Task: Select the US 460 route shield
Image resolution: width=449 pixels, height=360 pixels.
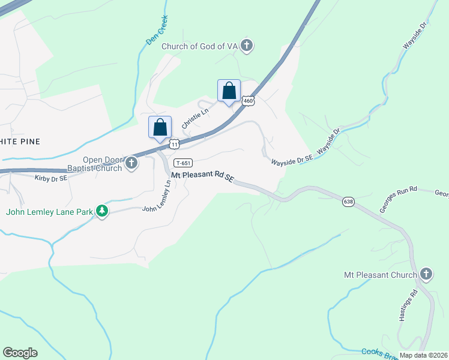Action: click(x=249, y=101)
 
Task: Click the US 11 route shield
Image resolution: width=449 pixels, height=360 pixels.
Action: click(x=174, y=144)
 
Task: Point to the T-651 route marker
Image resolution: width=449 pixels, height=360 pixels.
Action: click(x=184, y=163)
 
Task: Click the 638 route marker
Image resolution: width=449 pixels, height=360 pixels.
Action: click(x=349, y=202)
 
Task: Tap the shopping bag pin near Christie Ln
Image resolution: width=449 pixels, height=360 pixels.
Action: click(x=160, y=128)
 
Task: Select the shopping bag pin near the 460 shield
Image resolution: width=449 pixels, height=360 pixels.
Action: click(x=229, y=91)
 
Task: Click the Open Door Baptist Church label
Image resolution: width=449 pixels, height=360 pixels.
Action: click(x=102, y=164)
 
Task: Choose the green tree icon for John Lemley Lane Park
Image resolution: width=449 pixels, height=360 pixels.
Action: click(x=103, y=211)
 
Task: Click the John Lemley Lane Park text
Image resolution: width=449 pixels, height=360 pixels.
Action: click(x=50, y=211)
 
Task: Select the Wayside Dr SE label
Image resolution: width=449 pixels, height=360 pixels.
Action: click(x=292, y=161)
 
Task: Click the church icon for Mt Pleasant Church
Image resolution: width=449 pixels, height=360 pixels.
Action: click(x=426, y=275)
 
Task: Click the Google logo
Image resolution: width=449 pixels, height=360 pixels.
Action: click(x=20, y=353)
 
